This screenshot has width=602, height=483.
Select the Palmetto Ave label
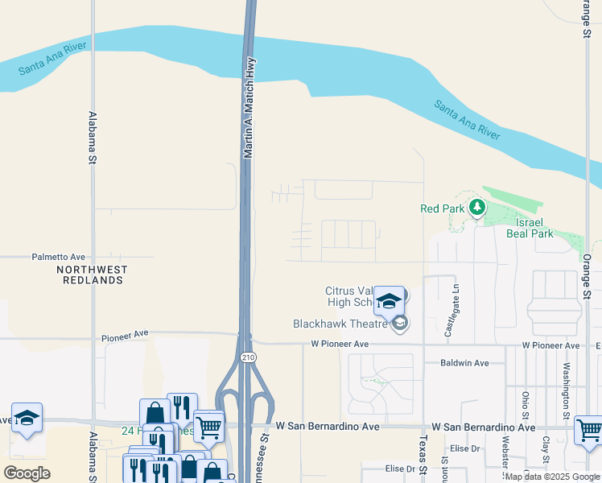point(58,258)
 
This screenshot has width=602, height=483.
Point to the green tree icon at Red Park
point(476,208)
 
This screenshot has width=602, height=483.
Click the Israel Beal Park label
point(530,228)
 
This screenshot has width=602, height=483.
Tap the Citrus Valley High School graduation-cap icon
point(390,300)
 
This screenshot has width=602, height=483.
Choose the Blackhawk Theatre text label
point(341,324)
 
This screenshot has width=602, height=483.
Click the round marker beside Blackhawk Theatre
point(400,324)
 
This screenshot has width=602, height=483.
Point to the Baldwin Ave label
point(464,363)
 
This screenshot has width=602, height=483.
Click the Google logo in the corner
point(27,473)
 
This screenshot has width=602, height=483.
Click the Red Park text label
point(441,208)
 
